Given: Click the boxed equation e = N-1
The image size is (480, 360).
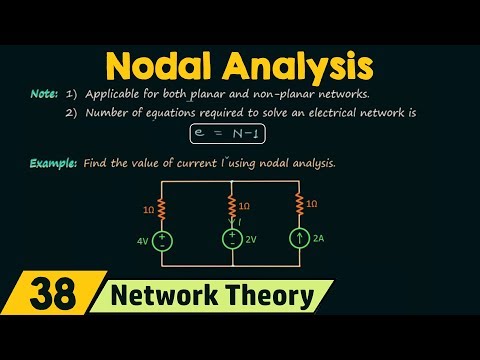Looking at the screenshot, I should click(240, 132).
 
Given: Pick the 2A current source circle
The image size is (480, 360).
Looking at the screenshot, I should click(299, 240).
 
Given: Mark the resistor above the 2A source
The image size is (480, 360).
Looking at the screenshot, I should click(299, 206).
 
